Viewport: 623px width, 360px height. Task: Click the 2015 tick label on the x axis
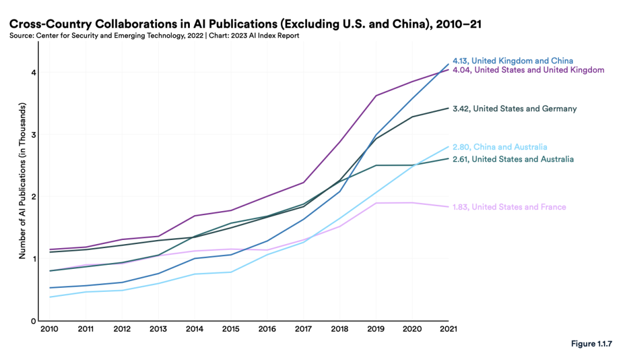(x=231, y=330)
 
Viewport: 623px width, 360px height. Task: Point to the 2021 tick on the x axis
(x=448, y=330)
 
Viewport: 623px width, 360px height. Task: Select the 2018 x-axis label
(x=340, y=330)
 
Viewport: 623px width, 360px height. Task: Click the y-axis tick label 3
(x=33, y=134)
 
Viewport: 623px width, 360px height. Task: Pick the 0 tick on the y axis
(x=33, y=321)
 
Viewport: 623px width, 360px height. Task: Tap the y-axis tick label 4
(x=33, y=73)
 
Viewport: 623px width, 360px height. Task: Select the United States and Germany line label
(x=524, y=108)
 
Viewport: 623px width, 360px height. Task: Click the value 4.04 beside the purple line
(x=461, y=70)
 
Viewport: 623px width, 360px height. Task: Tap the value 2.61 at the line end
(x=461, y=159)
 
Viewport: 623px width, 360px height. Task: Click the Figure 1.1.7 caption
(x=594, y=344)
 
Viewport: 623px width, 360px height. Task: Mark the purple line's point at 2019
(x=376, y=96)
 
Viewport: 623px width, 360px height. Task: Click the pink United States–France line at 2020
(x=412, y=202)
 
